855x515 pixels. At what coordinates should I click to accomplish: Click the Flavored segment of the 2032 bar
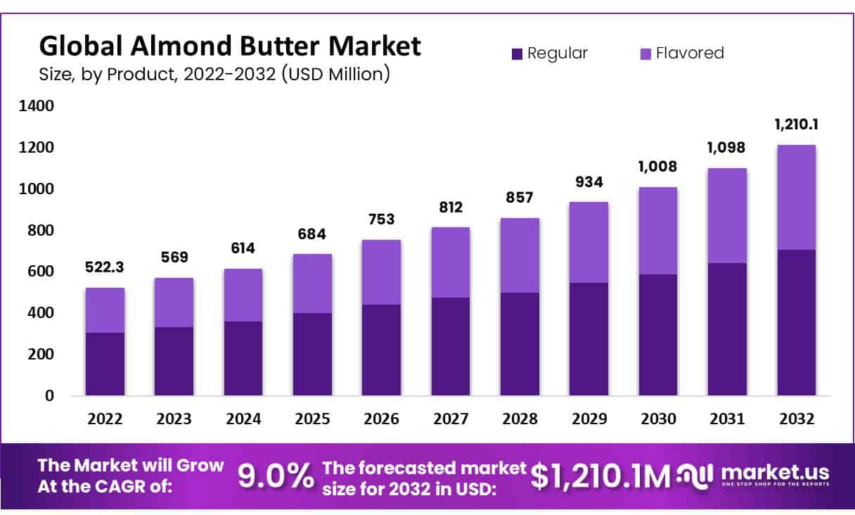click(796, 197)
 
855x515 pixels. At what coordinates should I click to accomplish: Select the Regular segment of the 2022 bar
click(105, 364)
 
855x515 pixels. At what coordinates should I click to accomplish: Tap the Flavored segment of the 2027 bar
click(451, 262)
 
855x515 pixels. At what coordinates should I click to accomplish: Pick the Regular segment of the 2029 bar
click(589, 338)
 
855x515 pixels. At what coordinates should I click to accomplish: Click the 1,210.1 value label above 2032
click(796, 125)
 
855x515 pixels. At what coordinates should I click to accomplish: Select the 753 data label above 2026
click(381, 219)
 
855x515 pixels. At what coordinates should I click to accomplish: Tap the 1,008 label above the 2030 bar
click(657, 167)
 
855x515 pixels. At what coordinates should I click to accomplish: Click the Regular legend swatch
click(517, 53)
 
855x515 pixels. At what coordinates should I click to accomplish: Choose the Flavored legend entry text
click(689, 53)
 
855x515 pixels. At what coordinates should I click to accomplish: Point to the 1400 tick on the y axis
click(39, 106)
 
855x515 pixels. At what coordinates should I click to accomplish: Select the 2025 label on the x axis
click(312, 419)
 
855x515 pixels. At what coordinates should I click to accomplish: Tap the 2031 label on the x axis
click(726, 419)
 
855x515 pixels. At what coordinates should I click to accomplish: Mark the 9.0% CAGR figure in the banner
click(276, 476)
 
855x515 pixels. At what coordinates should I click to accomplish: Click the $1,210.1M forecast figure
click(600, 476)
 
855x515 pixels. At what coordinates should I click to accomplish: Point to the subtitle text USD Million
click(335, 73)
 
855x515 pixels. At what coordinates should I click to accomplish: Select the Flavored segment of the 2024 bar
click(243, 295)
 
